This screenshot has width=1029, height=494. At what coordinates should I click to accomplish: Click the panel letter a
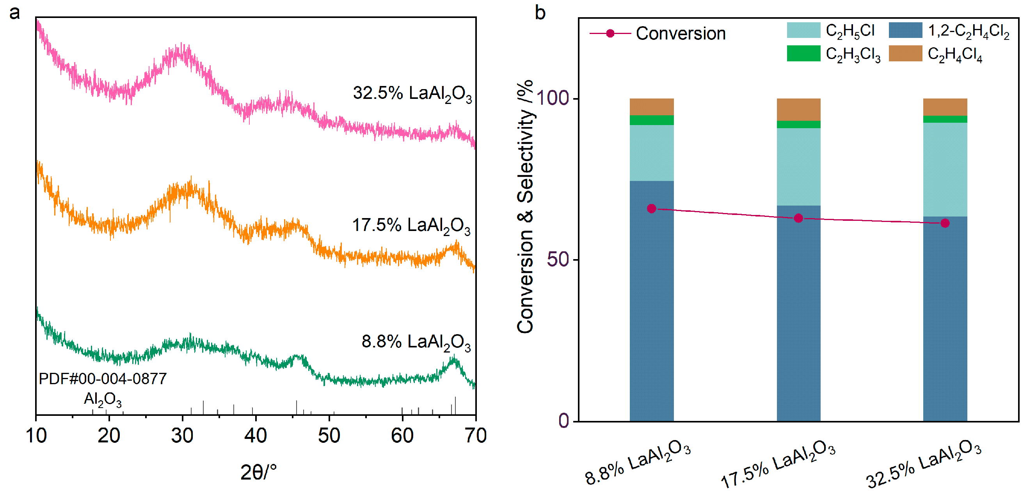pos(14,13)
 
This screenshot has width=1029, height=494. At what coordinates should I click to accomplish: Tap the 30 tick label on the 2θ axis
pos(182,436)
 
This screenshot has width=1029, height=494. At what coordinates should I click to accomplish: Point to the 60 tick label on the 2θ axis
pos(402,436)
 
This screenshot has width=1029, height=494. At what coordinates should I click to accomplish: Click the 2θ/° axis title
pos(258,473)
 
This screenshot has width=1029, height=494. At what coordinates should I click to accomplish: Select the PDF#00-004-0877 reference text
pos(103,379)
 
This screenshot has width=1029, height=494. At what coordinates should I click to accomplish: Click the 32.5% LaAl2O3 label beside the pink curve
pos(412,93)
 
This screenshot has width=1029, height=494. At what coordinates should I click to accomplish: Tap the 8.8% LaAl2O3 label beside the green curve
pos(416,342)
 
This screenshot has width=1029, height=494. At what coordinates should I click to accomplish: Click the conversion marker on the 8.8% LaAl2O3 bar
pos(652,208)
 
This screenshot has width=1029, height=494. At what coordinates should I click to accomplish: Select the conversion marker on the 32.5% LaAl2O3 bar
pos(945,223)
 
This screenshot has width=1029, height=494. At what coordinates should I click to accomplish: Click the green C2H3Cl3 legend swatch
pos(803,53)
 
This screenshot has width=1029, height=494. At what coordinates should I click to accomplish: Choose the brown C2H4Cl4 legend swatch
pos(905,53)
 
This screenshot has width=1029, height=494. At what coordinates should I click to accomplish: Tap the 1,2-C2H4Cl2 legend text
pos(968,31)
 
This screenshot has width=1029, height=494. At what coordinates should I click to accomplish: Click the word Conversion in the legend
pos(680,34)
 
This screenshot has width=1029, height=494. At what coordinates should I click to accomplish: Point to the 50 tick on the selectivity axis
pos(558,260)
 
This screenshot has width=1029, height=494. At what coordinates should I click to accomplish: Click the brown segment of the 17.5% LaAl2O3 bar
pos(798,109)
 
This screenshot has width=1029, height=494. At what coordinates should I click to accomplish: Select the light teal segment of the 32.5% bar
pos(945,169)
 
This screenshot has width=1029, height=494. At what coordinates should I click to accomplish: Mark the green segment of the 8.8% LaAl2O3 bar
pos(652,120)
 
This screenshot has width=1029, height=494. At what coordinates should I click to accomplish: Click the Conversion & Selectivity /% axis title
pos(525,206)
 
